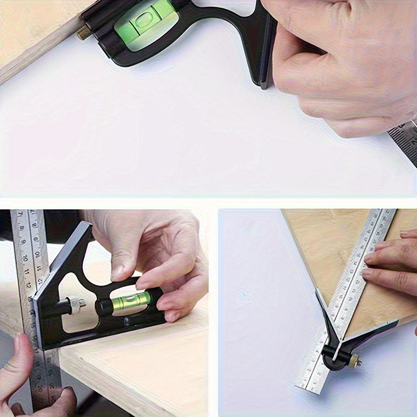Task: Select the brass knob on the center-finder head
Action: (354, 361)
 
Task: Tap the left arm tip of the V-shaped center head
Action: (318, 292)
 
